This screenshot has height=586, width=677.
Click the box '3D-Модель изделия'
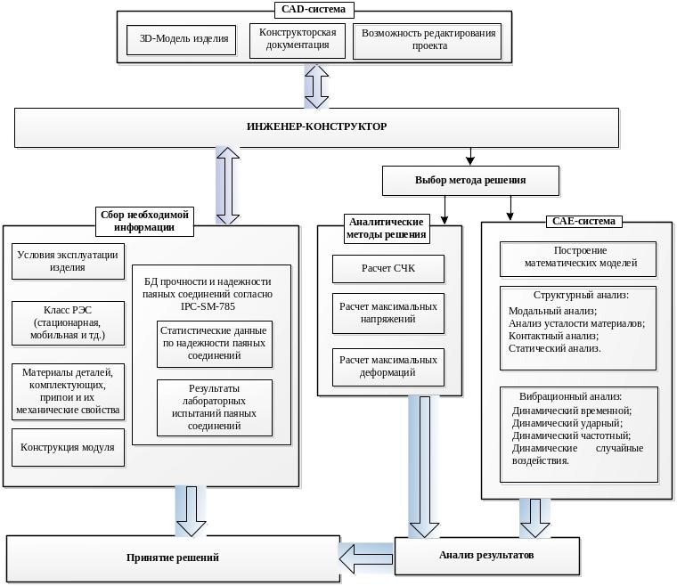[182, 40]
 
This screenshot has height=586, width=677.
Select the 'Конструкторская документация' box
[298, 41]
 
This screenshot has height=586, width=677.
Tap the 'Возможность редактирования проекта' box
[428, 41]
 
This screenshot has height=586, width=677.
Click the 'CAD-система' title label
[314, 10]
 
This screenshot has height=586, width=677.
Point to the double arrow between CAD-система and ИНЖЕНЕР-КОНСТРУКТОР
[316, 86]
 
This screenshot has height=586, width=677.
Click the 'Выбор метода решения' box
[470, 181]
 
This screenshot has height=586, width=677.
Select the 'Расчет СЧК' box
[388, 268]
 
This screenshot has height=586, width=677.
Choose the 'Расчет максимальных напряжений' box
[388, 313]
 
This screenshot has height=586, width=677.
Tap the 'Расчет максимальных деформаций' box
[388, 367]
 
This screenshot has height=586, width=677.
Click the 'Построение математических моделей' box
[578, 258]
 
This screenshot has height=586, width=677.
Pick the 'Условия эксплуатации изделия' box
[68, 261]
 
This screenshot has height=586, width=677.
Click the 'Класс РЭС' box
[68, 322]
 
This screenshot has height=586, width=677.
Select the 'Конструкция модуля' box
[68, 447]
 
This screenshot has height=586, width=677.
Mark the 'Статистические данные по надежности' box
[215, 344]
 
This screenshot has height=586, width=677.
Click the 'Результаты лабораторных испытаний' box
[215, 408]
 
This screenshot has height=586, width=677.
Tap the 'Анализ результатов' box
[487, 556]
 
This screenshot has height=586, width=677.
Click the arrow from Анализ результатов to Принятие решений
[366, 558]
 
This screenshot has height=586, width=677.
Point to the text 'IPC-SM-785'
[208, 307]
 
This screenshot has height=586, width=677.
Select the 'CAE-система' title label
[583, 222]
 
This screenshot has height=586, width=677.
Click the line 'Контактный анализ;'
[553, 336]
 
